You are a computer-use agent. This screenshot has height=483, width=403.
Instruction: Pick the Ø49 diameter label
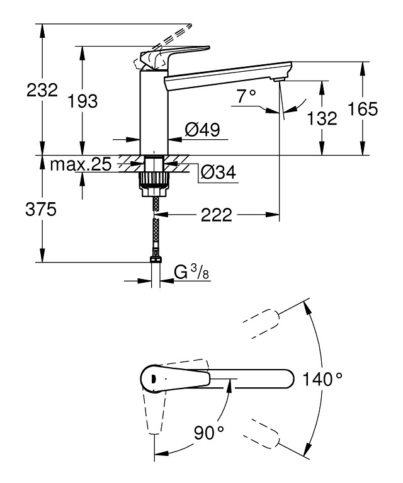pyautogui.click(x=202, y=130)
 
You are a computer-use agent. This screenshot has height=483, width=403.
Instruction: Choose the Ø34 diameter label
pyautogui.click(x=218, y=171)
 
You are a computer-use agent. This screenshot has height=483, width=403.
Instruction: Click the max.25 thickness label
pyautogui.click(x=81, y=166)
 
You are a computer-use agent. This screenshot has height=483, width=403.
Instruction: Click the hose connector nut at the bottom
pyautogui.click(x=154, y=258)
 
